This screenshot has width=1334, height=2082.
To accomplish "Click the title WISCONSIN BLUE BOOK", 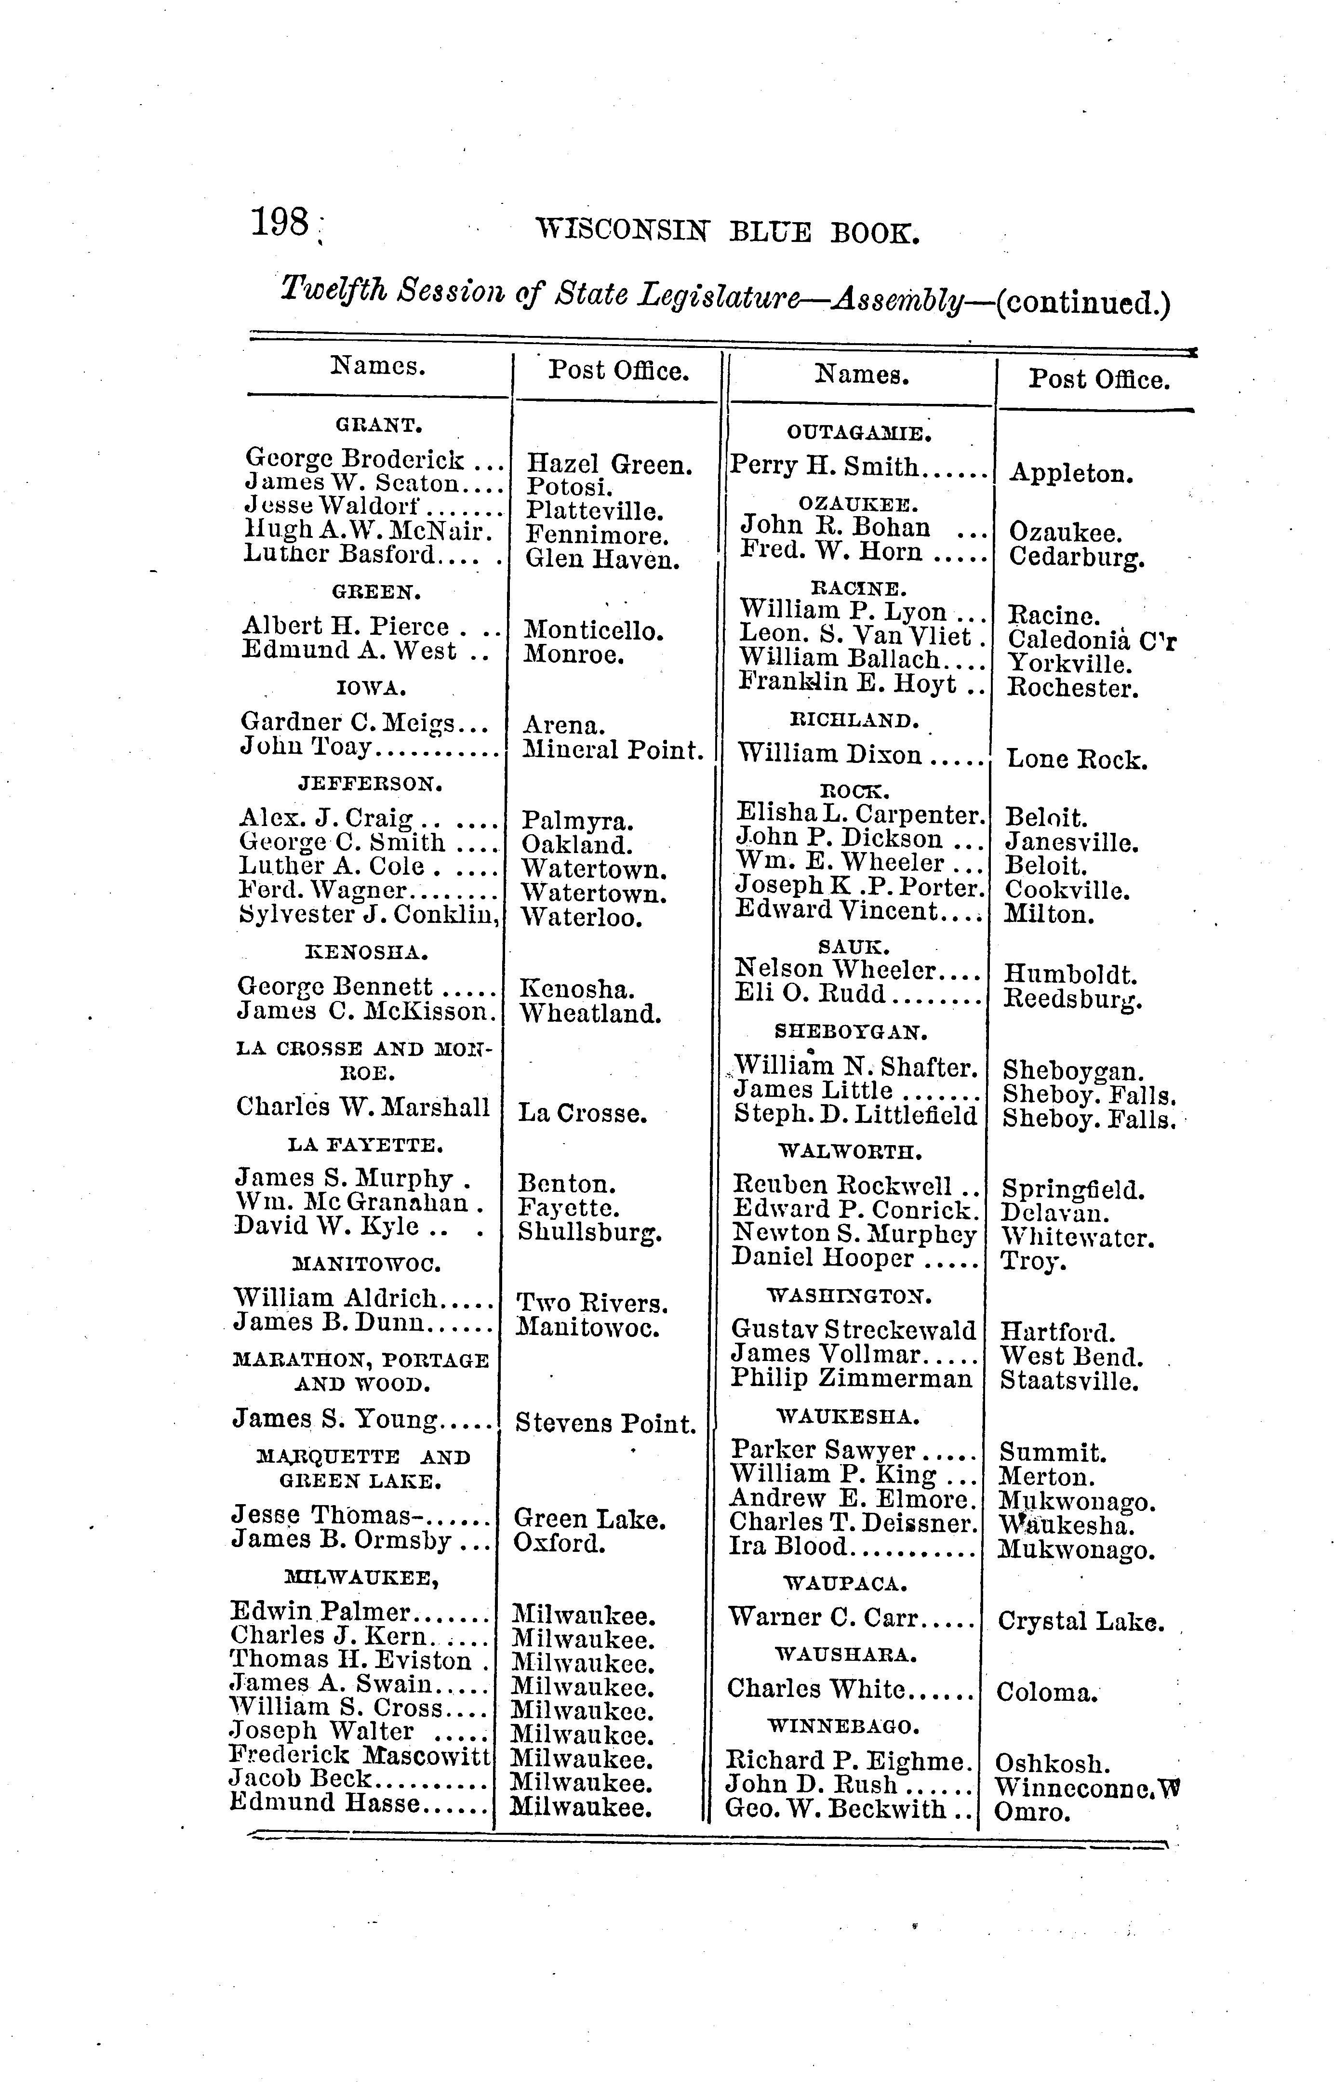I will [x=727, y=232].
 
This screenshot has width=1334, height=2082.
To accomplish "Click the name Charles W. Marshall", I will [x=363, y=1107].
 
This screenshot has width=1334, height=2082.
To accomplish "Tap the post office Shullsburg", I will [x=590, y=1231].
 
